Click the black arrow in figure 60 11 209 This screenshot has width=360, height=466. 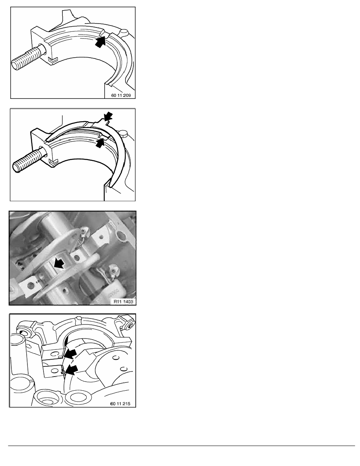pyautogui.click(x=101, y=41)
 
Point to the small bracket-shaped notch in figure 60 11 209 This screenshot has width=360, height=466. pyautogui.click(x=52, y=60)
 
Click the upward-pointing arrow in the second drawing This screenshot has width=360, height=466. pyautogui.click(x=101, y=142)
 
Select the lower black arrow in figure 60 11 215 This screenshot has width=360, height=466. pyautogui.click(x=71, y=370)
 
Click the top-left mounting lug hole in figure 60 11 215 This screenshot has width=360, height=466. pyautogui.click(x=25, y=333)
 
